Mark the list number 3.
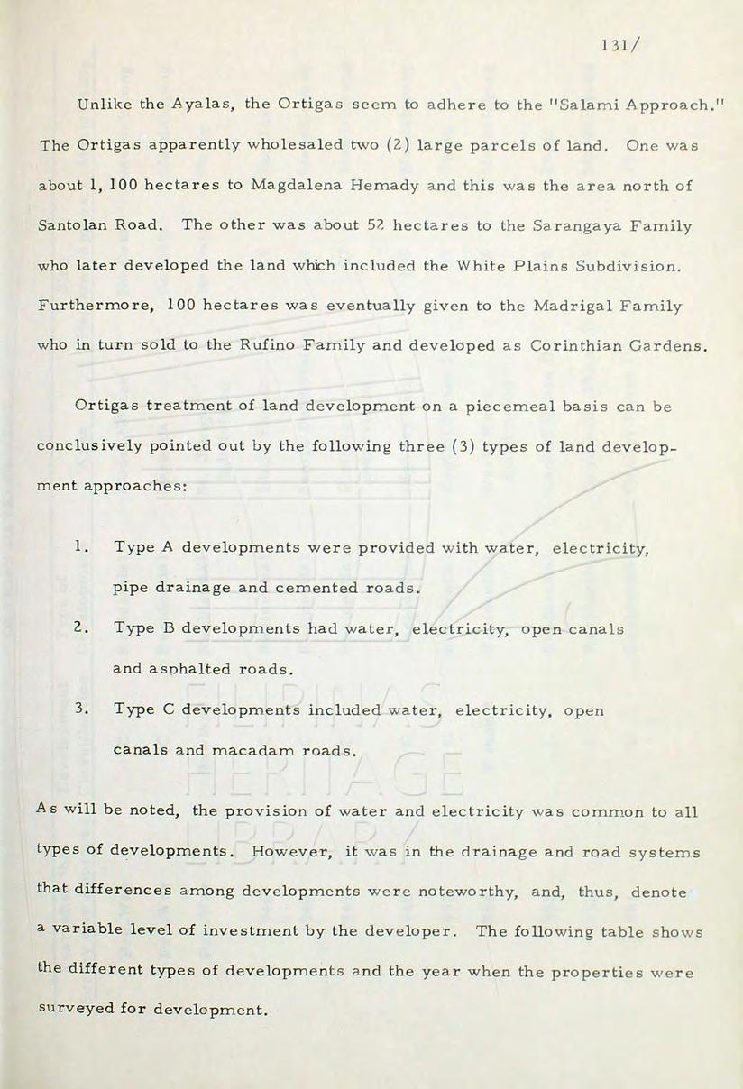click(81, 709)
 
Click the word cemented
click(316, 588)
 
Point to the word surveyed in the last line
click(77, 1009)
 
